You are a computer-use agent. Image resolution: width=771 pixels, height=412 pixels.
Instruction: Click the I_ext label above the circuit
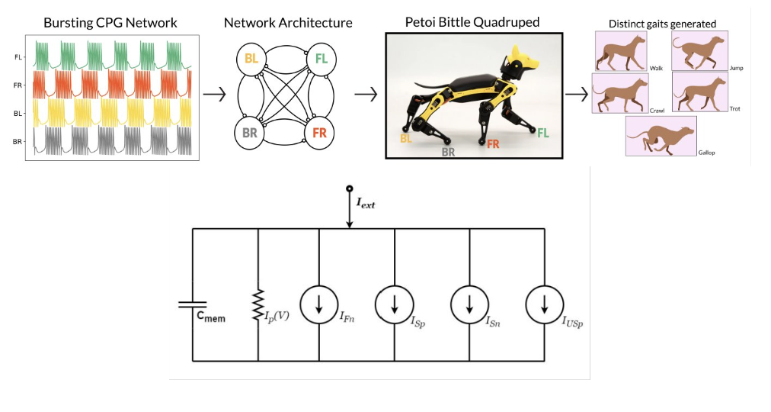366,204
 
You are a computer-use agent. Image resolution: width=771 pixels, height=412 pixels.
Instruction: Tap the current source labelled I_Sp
395,304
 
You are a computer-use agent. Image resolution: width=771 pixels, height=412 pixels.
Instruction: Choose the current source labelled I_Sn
469,304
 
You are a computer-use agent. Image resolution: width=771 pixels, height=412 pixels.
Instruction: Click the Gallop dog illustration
661,136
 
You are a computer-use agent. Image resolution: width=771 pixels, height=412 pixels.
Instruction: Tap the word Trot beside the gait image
734,109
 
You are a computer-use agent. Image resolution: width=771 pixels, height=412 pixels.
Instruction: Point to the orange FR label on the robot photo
493,143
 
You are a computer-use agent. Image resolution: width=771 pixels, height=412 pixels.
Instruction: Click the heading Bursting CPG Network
110,22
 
